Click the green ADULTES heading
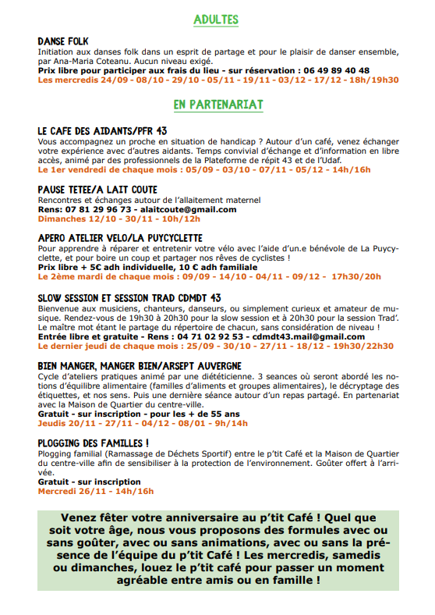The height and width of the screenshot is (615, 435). (x=217, y=20)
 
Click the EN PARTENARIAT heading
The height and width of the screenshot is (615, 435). (x=217, y=104)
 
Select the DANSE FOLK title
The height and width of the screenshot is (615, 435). (x=65, y=40)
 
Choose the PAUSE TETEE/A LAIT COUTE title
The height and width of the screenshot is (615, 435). (x=97, y=190)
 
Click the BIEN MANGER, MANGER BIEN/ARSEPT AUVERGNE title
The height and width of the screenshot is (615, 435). (x=140, y=365)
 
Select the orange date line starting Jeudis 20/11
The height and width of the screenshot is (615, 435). (x=143, y=423)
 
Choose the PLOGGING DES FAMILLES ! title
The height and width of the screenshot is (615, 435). (x=93, y=443)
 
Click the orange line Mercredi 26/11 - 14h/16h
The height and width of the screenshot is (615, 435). (x=96, y=491)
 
